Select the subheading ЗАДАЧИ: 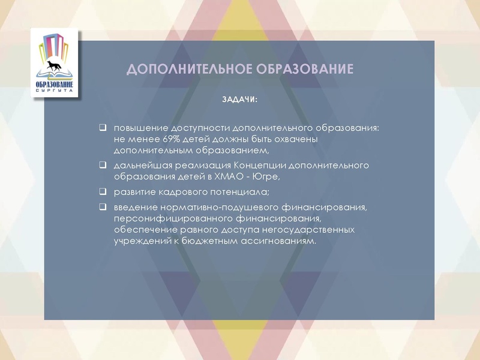point(239,99)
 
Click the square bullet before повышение point(103,128)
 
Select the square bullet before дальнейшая point(103,164)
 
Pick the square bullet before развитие point(103,192)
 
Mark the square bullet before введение point(103,207)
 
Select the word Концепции point(259,165)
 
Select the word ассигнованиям point(277,241)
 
